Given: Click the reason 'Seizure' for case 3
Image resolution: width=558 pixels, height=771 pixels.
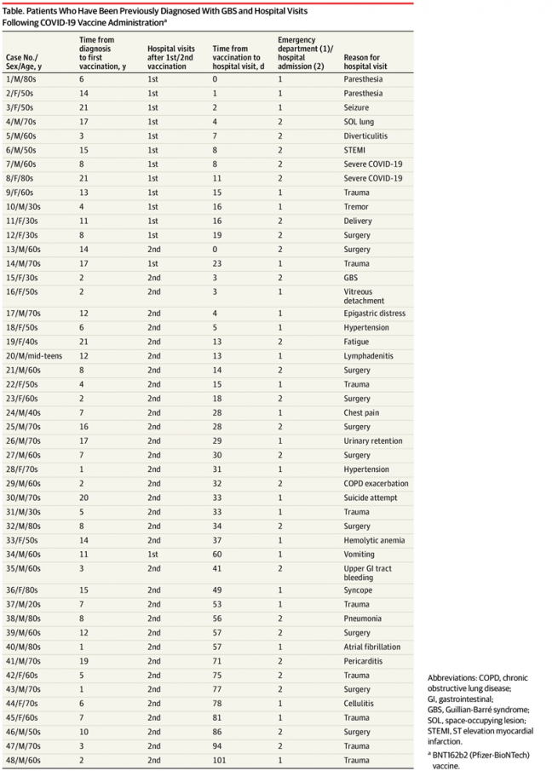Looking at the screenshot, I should (357, 107).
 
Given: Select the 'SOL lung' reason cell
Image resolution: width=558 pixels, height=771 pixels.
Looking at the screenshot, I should (360, 121).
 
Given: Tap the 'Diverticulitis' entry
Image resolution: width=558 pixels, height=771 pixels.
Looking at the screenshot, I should (367, 135).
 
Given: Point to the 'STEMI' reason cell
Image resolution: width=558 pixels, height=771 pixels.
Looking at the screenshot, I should (354, 150).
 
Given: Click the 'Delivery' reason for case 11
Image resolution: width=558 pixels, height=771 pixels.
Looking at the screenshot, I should (359, 221).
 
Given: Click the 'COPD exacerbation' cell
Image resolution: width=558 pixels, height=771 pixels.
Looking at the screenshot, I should (376, 484).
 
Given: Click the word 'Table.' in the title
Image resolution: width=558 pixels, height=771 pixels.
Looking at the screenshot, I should (20, 11).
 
